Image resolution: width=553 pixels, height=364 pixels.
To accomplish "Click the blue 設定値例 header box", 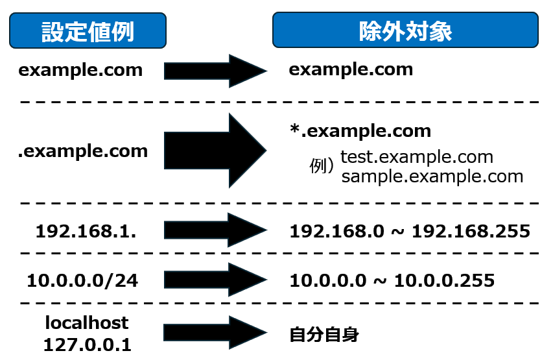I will (x=88, y=30).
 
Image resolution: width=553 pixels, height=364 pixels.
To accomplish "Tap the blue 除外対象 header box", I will (x=405, y=30).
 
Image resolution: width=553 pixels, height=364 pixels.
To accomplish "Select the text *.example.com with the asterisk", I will (x=360, y=131).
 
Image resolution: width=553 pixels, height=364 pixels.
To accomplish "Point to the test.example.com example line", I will (x=417, y=157).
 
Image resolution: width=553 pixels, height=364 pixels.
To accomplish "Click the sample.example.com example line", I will (x=432, y=176).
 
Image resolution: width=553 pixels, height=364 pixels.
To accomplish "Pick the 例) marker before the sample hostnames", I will (x=322, y=167).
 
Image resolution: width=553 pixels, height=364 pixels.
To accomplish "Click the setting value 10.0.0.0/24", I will (x=82, y=280).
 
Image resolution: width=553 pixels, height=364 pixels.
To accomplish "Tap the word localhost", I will (x=87, y=322).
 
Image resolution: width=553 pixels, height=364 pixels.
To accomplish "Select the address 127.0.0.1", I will (x=87, y=345).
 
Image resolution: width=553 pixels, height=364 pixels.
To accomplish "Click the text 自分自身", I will (x=324, y=335).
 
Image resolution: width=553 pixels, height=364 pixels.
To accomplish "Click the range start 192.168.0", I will (x=328, y=230).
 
